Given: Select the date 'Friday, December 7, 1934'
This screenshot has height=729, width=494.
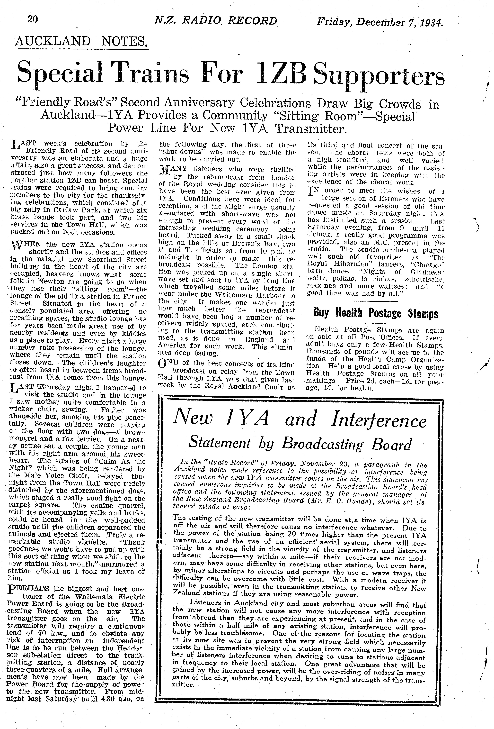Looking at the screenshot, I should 380,22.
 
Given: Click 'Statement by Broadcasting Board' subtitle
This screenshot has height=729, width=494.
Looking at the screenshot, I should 300,444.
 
